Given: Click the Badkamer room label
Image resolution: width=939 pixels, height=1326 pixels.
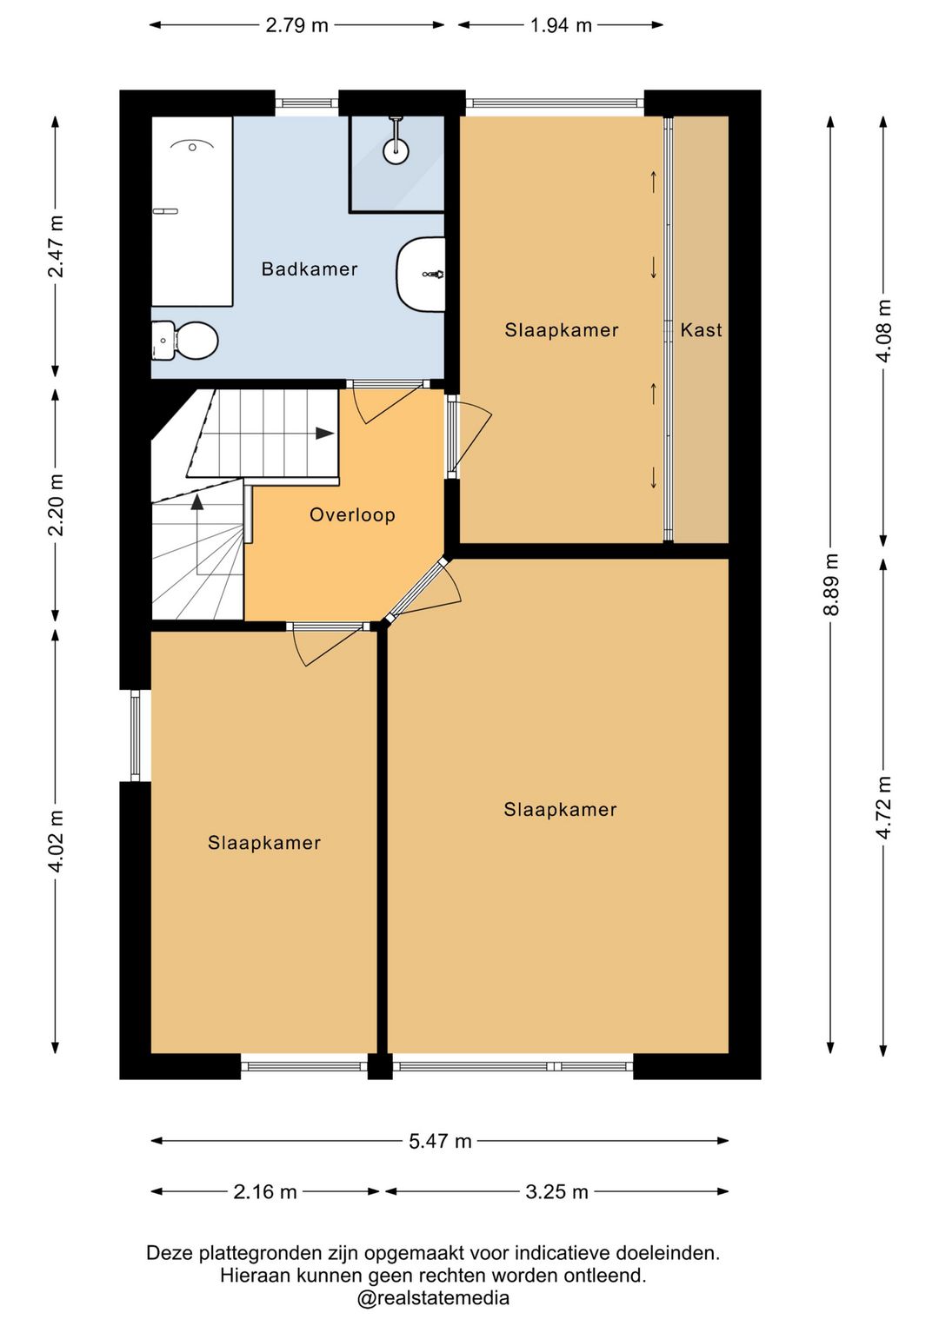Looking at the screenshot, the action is (310, 269).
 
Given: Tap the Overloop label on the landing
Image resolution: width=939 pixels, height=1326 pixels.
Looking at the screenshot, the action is (352, 514).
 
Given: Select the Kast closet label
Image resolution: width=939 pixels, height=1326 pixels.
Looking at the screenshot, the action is (701, 329).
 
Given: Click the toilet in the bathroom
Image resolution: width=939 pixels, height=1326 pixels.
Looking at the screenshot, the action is (185, 341).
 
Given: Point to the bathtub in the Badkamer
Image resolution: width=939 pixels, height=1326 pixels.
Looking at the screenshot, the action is (192, 211).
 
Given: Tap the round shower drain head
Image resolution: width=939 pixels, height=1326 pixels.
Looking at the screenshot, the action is (395, 149).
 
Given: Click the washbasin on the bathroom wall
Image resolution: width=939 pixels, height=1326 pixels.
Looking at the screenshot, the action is (421, 274).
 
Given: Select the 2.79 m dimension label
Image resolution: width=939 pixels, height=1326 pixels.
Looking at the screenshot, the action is (296, 25).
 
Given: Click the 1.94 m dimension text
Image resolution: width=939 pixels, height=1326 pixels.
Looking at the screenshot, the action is (561, 25).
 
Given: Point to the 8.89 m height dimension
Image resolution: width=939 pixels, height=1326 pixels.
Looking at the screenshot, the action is (830, 584).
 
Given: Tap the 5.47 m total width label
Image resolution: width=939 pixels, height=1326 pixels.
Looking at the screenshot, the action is (440, 1141).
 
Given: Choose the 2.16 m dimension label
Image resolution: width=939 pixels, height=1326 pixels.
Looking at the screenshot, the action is (265, 1191).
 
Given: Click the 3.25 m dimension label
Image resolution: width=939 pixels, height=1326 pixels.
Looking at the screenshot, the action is (556, 1191).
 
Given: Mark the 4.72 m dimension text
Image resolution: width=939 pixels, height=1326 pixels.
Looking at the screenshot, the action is (884, 807).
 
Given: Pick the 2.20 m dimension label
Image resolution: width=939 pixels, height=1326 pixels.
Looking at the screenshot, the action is (56, 504).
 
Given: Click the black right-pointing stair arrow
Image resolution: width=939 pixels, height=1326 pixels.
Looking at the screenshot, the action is (324, 434).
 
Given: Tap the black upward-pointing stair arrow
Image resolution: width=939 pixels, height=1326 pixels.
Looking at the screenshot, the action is (197, 502).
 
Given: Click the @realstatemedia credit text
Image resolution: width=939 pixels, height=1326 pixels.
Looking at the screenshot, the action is (432, 1297).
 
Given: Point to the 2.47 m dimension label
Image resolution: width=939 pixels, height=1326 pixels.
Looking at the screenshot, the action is (56, 246).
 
